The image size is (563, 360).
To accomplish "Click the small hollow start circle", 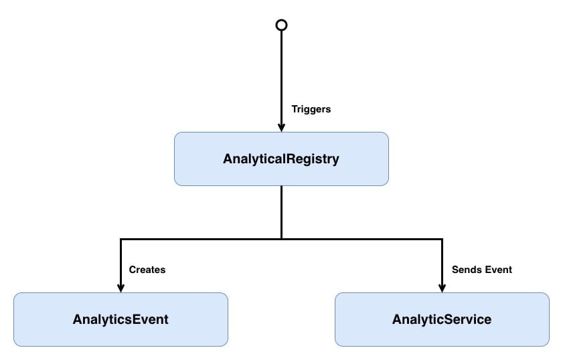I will (281, 25).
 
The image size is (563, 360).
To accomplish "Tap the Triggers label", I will (311, 109).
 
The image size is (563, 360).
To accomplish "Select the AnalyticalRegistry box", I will (281, 159).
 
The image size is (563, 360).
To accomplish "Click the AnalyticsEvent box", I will (120, 319).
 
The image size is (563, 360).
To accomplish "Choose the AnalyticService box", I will (442, 319).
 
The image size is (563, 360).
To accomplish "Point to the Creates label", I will (147, 270).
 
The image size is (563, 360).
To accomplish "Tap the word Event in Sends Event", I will (498, 270).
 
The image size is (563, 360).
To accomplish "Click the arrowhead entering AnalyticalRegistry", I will (281, 127).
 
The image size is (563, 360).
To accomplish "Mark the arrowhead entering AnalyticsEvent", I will (120, 288).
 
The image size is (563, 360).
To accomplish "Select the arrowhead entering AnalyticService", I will (442, 288).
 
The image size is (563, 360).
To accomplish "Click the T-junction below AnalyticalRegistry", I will (281, 238).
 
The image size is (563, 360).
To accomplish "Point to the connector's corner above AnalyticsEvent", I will (120, 238).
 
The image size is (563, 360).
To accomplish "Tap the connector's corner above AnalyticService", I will (442, 238).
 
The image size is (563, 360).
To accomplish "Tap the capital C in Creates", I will (132, 270).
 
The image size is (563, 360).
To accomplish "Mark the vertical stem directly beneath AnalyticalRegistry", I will (281, 211).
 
